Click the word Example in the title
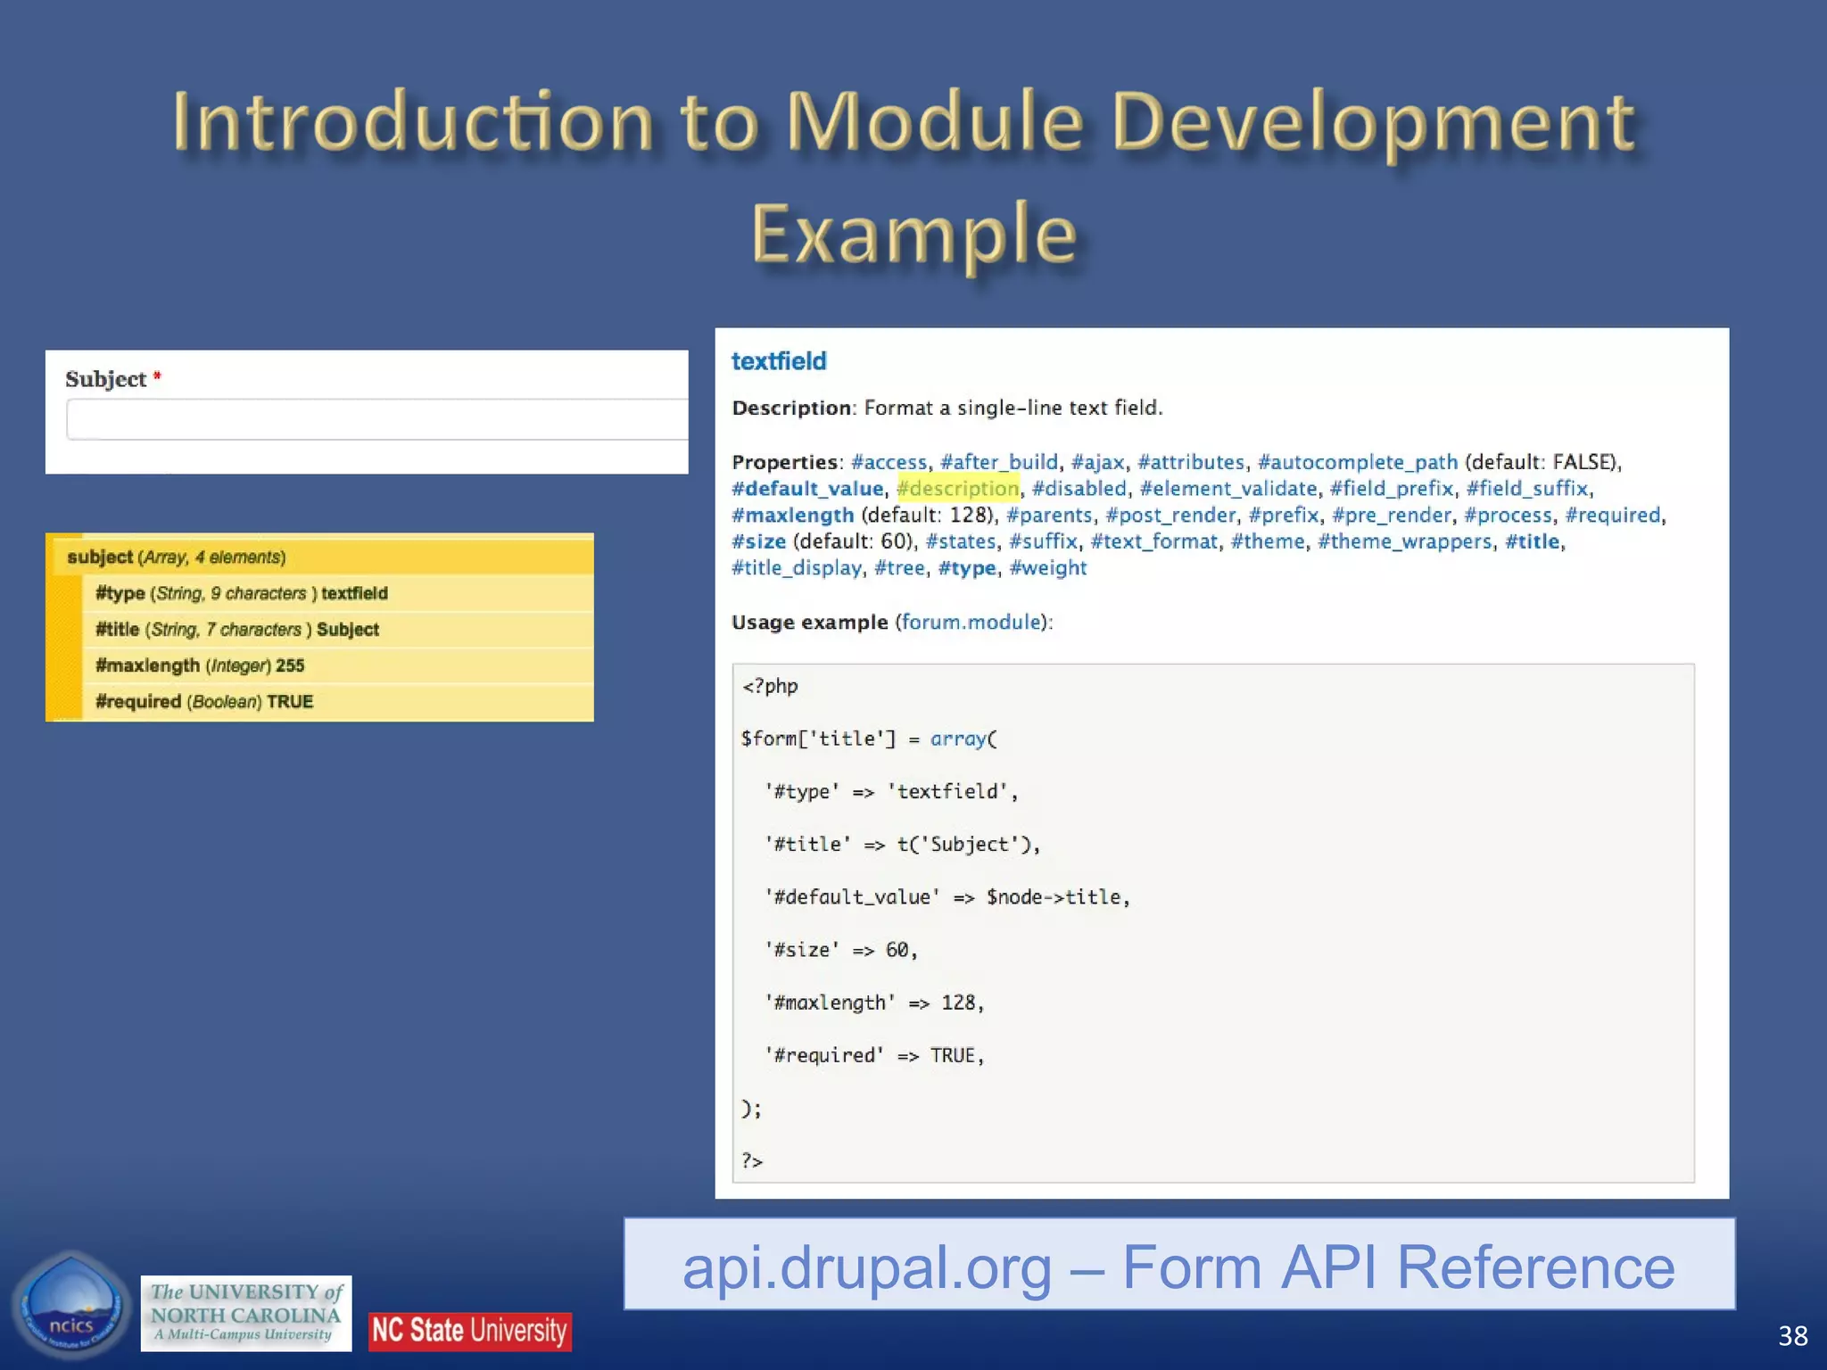pos(913,235)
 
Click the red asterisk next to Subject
pos(157,376)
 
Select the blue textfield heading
pos(779,361)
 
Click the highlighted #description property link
pos(957,489)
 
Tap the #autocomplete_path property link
pos(1357,462)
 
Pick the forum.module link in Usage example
pos(971,622)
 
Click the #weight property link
pos(1047,568)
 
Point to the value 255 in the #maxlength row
pos(290,665)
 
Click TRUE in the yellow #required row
pos(290,702)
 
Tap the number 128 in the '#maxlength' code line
pos(958,1003)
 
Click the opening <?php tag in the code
pos(770,686)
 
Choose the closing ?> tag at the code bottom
pos(752,1160)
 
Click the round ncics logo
pos(71,1307)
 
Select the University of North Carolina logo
pos(245,1313)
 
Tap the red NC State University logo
pos(469,1331)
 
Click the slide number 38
pos(1792,1335)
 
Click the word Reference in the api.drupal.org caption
pos(1534,1267)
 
